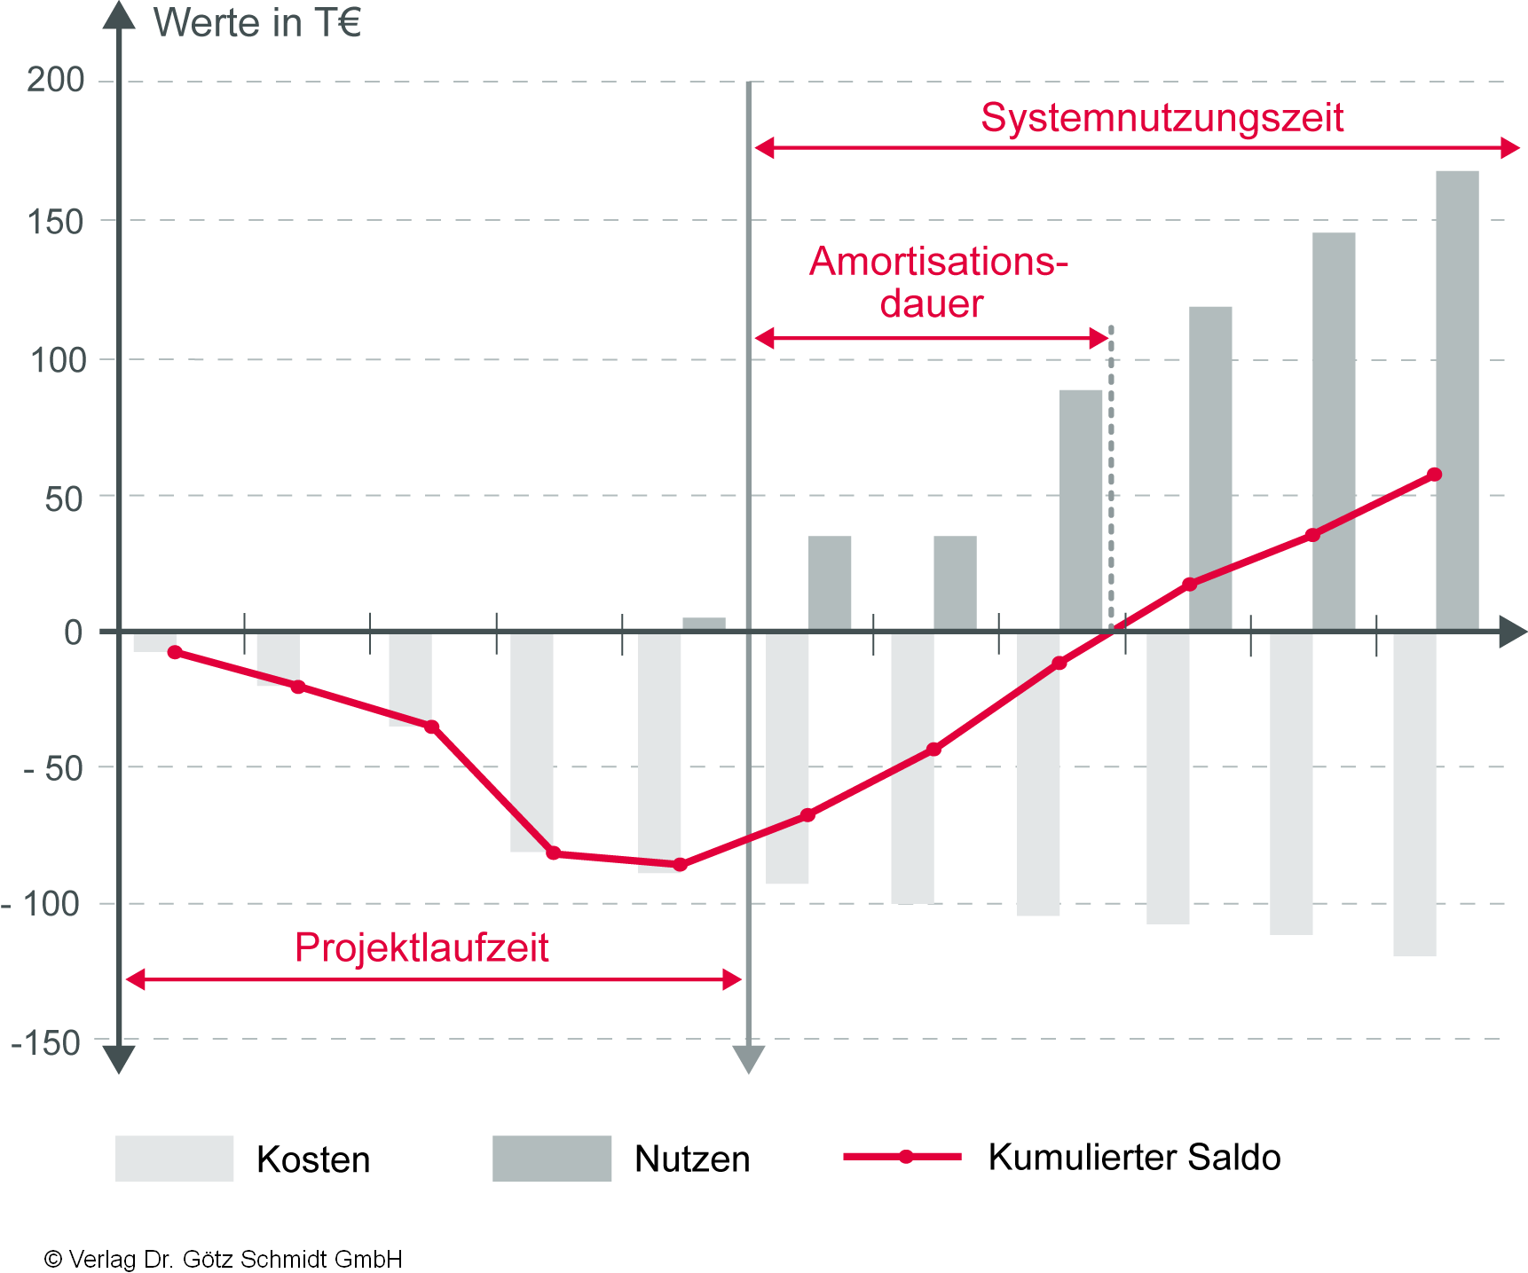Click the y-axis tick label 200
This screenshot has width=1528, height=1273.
point(55,81)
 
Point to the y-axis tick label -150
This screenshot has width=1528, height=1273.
point(46,1043)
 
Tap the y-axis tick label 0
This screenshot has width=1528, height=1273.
point(74,633)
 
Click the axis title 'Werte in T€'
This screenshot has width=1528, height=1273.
point(257,23)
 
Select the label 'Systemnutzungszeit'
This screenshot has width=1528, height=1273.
point(1162,118)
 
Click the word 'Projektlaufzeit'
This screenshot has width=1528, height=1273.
point(421,947)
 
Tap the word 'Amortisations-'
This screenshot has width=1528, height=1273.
point(939,262)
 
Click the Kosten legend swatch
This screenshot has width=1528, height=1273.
point(174,1159)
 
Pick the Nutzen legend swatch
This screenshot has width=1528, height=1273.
point(552,1159)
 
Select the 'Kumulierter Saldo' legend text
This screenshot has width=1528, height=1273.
point(1134,1158)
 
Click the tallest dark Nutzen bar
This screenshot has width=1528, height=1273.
point(1457,399)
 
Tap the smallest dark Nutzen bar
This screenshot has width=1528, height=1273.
point(704,624)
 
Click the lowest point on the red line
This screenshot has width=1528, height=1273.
point(680,864)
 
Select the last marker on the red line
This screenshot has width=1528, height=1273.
point(1435,475)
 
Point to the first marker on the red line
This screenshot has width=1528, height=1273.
point(175,652)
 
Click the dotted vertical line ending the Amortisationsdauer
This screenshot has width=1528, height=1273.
point(1111,479)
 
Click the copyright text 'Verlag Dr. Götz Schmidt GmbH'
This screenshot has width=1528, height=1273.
point(234,1259)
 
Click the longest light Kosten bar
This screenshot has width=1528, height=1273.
point(1414,794)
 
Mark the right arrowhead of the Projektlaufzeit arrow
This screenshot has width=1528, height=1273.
point(732,979)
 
